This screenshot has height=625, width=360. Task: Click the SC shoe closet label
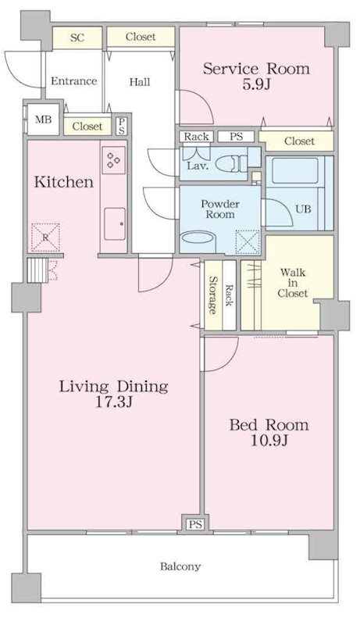77,37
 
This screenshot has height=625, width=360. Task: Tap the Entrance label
73,81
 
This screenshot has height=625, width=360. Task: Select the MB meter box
44,120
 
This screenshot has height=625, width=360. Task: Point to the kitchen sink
115,224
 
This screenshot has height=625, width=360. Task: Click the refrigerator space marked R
45,237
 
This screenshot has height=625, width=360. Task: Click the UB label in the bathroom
303,209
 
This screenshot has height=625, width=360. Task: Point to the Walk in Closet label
293,283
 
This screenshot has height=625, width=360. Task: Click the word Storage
212,295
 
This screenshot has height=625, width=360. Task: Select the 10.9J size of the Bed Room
269,440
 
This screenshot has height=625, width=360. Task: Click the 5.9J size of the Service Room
256,84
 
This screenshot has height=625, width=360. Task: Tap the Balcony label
180,566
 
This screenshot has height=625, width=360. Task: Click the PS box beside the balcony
195,524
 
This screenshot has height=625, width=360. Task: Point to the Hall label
140,82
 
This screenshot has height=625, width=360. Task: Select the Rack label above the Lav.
196,137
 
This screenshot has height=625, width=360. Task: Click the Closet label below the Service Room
299,141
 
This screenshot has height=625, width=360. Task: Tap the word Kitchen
64,182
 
